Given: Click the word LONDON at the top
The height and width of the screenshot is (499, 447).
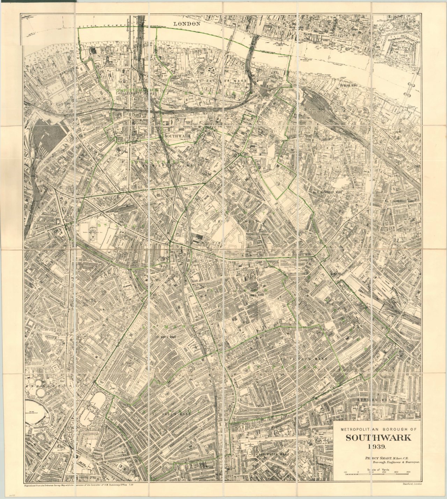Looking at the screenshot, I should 187,24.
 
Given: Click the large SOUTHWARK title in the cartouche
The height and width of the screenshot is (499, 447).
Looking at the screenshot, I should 379,438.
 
